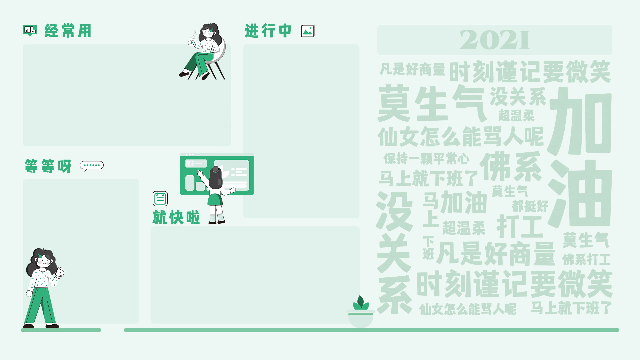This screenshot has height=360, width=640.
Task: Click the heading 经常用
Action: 68,31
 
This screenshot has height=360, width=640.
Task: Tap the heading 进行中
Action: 268,31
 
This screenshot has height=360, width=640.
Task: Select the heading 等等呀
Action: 48,166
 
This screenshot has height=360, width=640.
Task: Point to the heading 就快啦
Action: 176,217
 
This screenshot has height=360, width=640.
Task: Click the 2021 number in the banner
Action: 495,40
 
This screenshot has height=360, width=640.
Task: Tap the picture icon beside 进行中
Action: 308,31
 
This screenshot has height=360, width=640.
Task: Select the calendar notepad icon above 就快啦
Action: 160,199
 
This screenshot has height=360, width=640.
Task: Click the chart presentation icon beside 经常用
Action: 30,30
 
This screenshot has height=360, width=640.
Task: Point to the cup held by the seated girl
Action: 191,42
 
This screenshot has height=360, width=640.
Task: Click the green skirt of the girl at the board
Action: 215,200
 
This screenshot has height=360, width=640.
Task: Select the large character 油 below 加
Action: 580,194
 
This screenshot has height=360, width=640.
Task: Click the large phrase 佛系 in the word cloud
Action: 511,167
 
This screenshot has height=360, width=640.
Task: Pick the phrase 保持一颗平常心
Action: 426,159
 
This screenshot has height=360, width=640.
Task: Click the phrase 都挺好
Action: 530,206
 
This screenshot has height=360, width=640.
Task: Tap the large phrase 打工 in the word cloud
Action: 520,227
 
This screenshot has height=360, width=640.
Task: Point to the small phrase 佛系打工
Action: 586,260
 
